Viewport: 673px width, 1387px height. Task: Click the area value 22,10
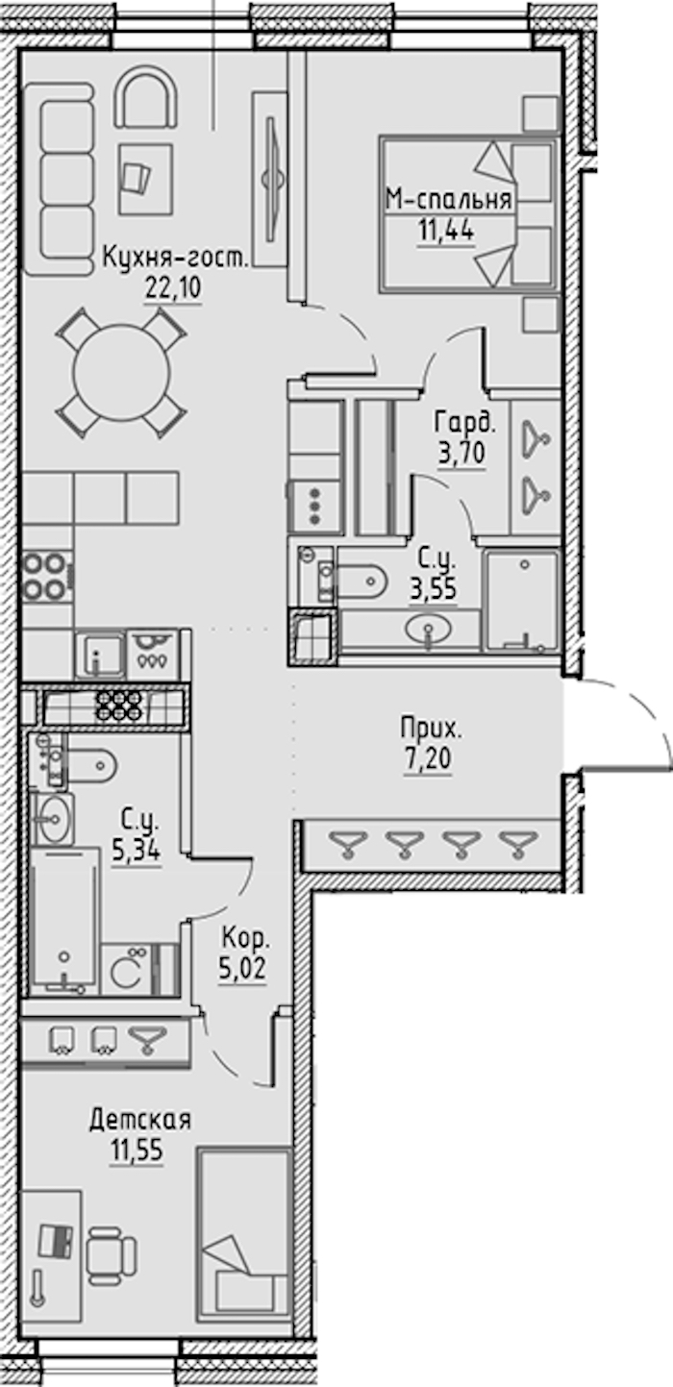[x=173, y=287]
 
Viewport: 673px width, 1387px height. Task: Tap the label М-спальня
[x=449, y=200]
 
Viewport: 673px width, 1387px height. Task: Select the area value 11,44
[x=446, y=231]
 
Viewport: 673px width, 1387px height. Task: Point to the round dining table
[x=121, y=373]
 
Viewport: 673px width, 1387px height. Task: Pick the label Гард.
[x=465, y=424]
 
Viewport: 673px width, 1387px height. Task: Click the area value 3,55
[x=434, y=588]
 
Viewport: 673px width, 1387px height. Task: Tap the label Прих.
[x=431, y=730]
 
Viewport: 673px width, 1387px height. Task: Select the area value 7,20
[x=428, y=758]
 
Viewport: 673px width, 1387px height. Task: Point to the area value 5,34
[x=137, y=852]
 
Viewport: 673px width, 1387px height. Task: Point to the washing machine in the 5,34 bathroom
[x=126, y=970]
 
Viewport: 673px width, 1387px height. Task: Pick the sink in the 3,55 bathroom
[x=429, y=631]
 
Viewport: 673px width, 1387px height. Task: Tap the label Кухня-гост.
[x=175, y=258]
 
